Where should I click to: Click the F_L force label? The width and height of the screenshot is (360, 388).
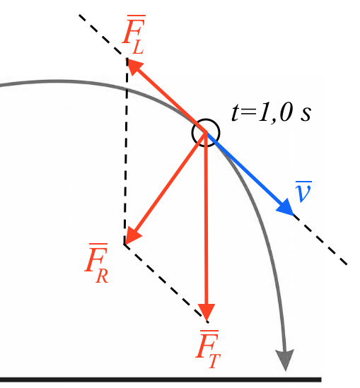point(134,34)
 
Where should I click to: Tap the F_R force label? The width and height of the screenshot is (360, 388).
point(97,263)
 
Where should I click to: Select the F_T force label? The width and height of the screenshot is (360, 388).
point(208,349)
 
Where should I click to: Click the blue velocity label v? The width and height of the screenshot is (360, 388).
point(303,192)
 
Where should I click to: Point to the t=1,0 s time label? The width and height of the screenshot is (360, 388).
point(271,113)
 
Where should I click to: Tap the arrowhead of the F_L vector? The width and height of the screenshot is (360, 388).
point(134,66)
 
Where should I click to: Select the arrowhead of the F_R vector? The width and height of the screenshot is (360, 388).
point(132,235)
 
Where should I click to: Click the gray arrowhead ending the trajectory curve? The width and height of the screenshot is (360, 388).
point(286,360)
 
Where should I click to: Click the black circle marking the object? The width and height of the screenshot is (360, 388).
point(206,133)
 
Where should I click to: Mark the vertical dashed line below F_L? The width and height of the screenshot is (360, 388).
point(126,151)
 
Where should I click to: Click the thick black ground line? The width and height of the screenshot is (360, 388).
point(161,380)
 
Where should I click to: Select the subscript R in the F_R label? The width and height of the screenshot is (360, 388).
point(103,276)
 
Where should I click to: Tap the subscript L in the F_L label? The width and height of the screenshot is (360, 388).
point(139,47)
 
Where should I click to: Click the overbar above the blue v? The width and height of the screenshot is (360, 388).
point(303,182)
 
